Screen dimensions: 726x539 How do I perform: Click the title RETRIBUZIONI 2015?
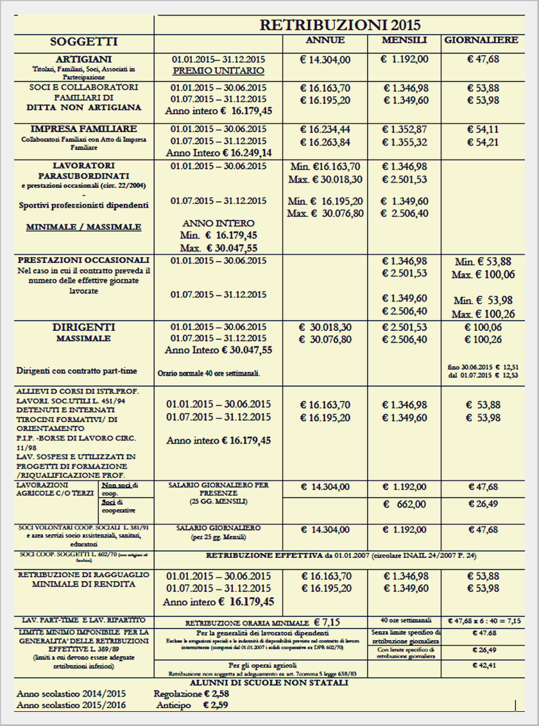339,25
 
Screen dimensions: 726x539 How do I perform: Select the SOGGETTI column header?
83,42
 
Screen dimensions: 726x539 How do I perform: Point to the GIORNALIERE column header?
481,40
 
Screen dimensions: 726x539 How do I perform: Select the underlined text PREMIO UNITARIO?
218,71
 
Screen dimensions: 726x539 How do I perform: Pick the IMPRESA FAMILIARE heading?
83,129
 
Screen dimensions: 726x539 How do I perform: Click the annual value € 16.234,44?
325,130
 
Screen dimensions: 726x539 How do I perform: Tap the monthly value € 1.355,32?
406,142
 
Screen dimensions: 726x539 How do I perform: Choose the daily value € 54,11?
483,130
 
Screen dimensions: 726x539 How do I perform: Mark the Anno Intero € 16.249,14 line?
218,153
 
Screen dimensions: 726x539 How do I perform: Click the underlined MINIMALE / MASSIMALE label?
83,227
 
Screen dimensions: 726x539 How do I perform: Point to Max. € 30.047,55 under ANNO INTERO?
218,247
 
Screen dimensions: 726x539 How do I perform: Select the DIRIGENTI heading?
83,327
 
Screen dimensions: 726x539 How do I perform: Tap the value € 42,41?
483,665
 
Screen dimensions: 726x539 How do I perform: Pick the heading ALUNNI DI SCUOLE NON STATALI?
269,682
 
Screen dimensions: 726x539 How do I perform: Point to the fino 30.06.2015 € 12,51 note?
483,366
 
